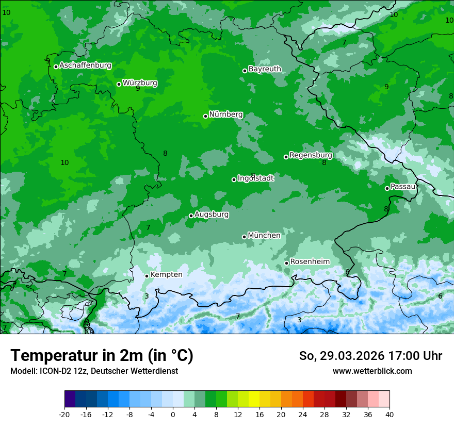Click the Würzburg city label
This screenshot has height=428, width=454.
point(140,83)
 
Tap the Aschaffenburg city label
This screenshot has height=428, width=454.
point(85,65)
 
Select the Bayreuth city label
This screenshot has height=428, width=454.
point(265,69)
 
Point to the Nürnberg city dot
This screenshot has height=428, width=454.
point(205,116)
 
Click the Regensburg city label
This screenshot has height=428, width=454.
point(311,155)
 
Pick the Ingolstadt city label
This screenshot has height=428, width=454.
point(255,178)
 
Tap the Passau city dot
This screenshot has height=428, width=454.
point(387,188)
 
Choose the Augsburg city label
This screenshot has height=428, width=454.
point(212,215)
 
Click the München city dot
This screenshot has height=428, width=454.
point(244,237)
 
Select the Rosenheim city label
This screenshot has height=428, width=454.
point(310,262)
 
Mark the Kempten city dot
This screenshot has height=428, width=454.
point(147,276)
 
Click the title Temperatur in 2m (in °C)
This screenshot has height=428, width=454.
point(102,356)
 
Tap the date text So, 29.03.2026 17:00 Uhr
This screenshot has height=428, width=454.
point(370,356)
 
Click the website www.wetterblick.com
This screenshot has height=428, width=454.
point(372,371)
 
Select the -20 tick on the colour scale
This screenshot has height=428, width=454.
point(64,415)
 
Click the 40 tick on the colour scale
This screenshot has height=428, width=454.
point(390,415)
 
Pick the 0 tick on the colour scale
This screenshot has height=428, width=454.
point(173,415)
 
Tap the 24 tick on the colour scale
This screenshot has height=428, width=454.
point(303,415)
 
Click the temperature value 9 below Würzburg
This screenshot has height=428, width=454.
point(138,89)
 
